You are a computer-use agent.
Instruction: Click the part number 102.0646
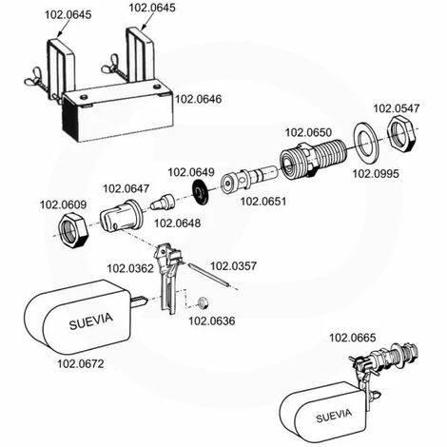coord(199,99)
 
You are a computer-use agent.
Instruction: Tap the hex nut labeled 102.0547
coord(400,133)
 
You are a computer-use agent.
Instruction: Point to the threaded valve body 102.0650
coord(313,157)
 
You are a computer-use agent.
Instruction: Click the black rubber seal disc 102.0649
coord(201,193)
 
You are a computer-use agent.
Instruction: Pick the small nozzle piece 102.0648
coord(163,203)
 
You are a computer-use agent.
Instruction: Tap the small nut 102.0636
coord(203,302)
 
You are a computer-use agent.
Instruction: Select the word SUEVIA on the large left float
coord(91,321)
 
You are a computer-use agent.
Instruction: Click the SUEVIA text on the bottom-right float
coord(334,416)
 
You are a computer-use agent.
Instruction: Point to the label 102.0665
coord(352,338)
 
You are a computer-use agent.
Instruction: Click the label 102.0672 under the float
coord(80,363)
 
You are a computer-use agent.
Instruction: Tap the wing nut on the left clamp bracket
coord(33,77)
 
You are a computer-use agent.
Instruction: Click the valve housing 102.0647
coord(122,215)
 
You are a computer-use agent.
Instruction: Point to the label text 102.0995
coord(376,173)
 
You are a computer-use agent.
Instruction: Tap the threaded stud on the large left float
coord(139,301)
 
